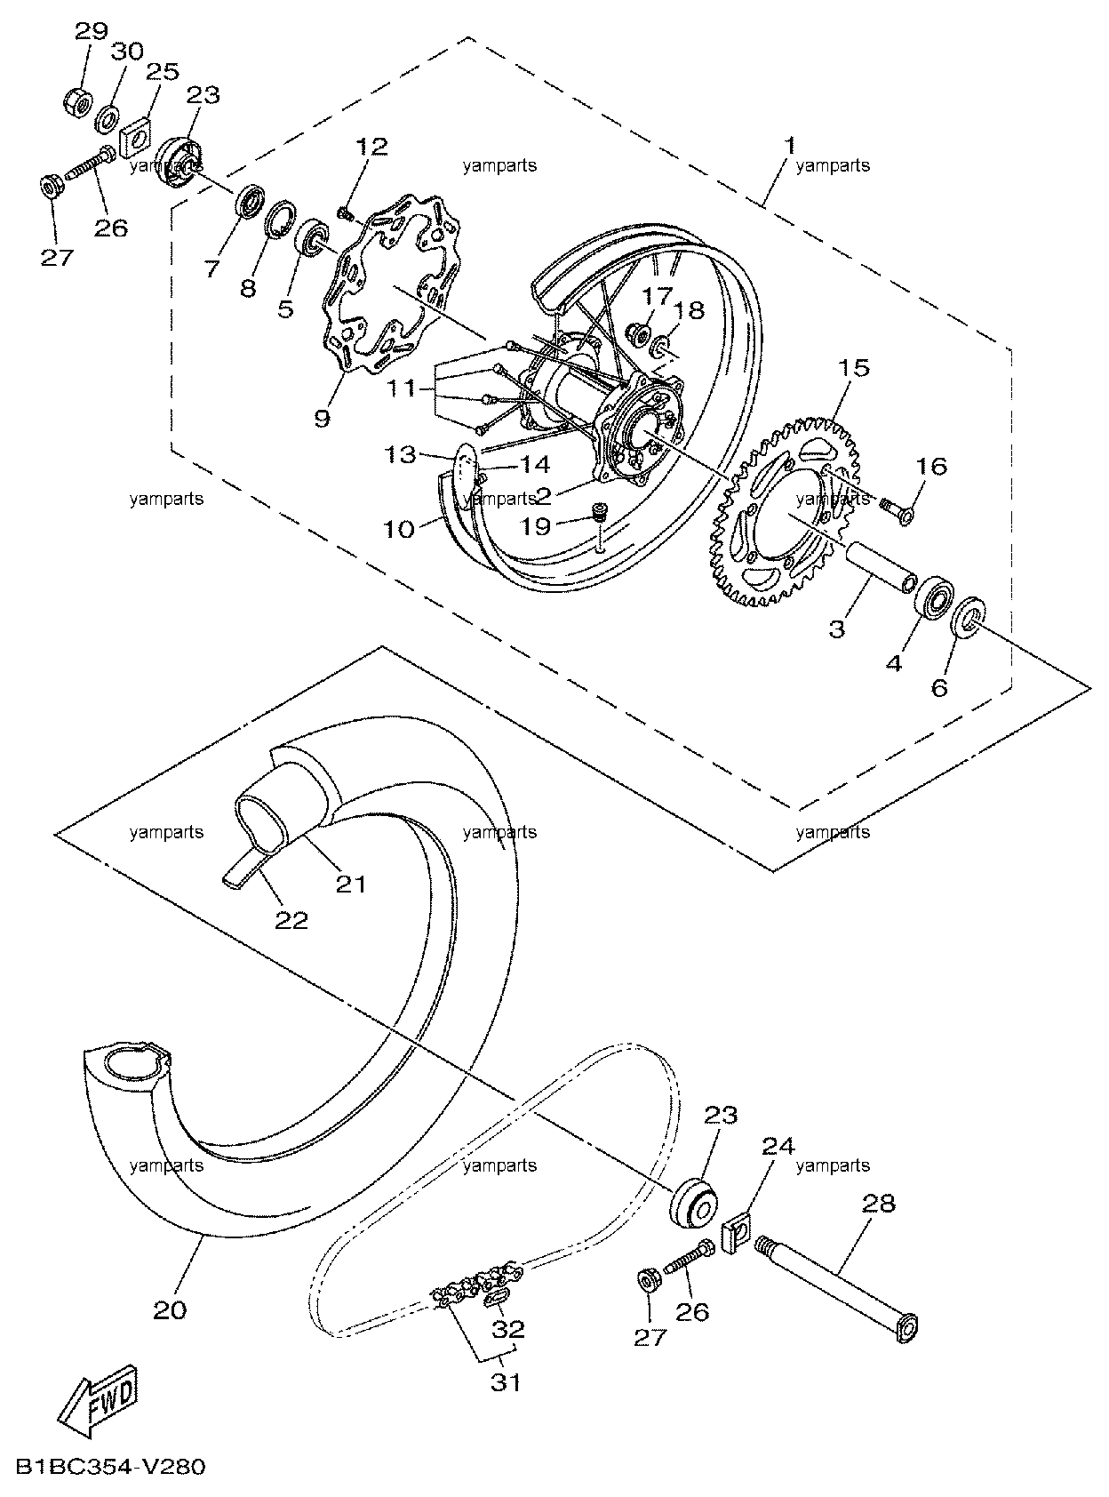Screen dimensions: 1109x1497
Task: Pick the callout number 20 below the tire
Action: (x=170, y=1310)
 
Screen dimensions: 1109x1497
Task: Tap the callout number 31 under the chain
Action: (x=506, y=1383)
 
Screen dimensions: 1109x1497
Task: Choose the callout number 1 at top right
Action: (x=790, y=145)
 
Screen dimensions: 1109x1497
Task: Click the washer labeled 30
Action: (x=106, y=119)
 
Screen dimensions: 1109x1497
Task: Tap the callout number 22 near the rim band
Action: (x=291, y=920)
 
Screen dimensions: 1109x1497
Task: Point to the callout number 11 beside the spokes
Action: (x=402, y=388)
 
